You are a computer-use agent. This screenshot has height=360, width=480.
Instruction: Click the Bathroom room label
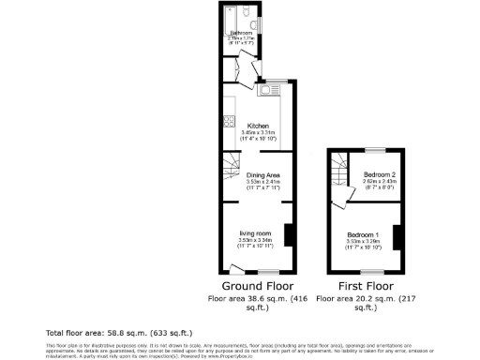pyautogui.click(x=241, y=34)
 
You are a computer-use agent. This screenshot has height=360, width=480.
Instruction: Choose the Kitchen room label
pyautogui.click(x=258, y=126)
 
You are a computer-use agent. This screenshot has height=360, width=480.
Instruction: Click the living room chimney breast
pyautogui.click(x=290, y=233)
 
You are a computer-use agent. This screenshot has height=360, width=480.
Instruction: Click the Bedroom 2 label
pyautogui.click(x=379, y=174)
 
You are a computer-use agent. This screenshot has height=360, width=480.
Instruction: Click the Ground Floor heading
pyautogui.click(x=258, y=286)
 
